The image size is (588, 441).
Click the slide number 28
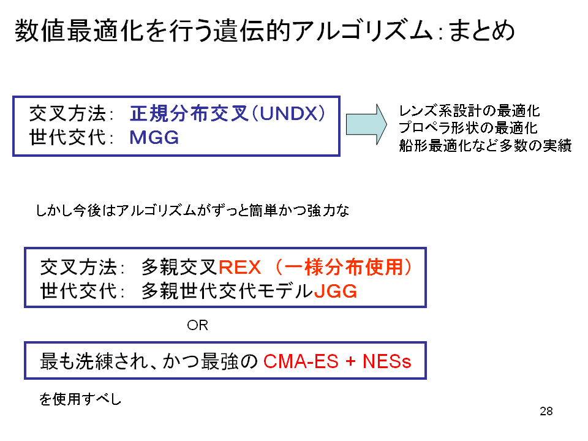tap(546, 412)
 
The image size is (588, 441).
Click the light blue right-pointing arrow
tap(366, 124)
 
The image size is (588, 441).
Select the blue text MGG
tap(154, 138)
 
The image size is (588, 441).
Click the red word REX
tap(239, 268)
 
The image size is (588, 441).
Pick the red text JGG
tap(335, 291)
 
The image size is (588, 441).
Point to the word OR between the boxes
tap(197, 325)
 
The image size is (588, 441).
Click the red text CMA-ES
tap(301, 361)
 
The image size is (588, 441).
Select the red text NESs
tap(386, 361)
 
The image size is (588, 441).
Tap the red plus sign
tap(350, 361)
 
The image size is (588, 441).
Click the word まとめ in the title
tap(482, 31)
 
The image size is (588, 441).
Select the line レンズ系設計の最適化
tap(469, 111)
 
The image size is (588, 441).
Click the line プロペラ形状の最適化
tap(468, 128)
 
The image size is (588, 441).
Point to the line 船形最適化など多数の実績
tap(485, 145)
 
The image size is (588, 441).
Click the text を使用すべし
tap(80, 399)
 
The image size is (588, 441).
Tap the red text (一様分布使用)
tap(344, 268)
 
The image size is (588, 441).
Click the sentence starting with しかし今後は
tap(192, 210)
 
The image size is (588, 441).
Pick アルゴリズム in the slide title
tap(363, 31)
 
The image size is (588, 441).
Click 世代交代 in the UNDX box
tap(67, 137)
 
